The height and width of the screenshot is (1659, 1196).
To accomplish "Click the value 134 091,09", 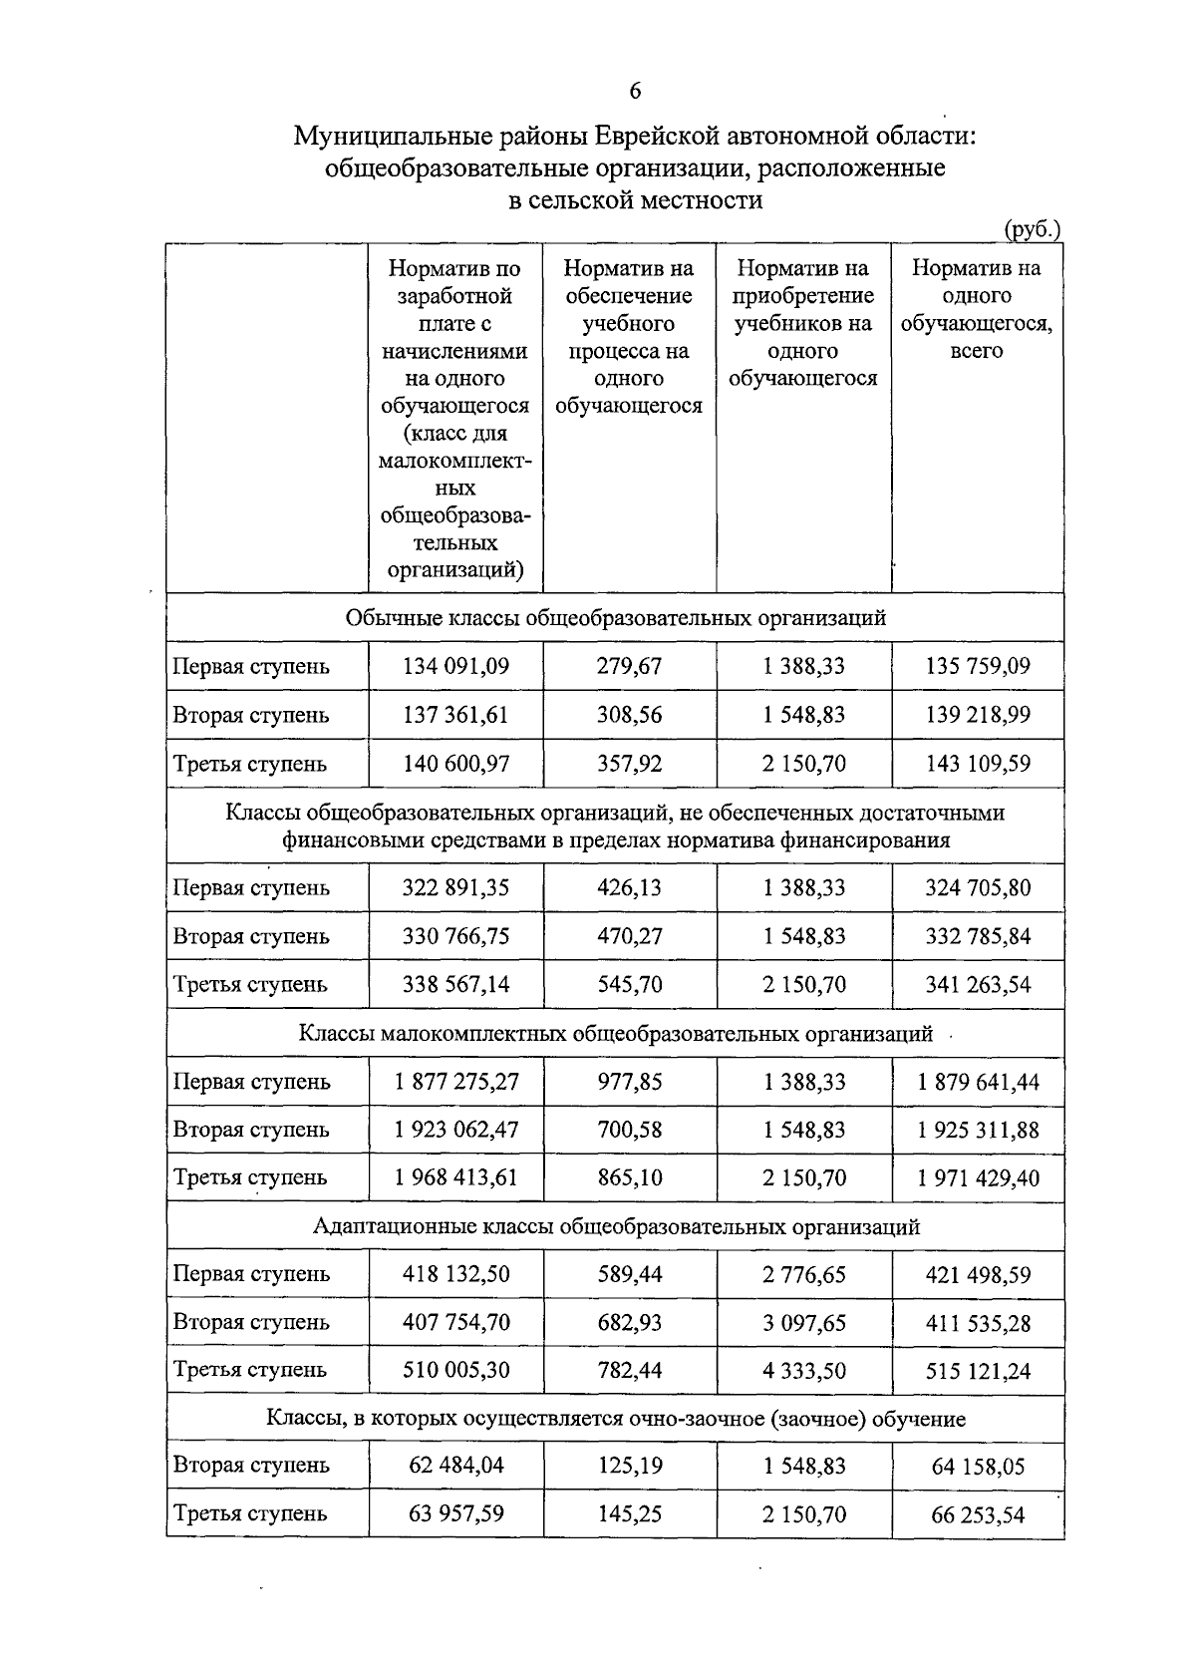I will pyautogui.click(x=455, y=666).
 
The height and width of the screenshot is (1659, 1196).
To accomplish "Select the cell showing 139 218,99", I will pyautogui.click(x=978, y=716).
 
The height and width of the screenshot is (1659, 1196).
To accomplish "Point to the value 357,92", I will pyautogui.click(x=629, y=765).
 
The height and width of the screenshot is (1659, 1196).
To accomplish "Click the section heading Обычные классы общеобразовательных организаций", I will pyautogui.click(x=615, y=618).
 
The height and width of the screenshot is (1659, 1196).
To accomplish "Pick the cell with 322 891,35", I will pyautogui.click(x=455, y=887).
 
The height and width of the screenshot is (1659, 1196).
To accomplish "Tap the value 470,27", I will pyautogui.click(x=629, y=936).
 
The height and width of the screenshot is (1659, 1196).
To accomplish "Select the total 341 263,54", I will pyautogui.click(x=978, y=985).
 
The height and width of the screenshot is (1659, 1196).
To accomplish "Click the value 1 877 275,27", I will pyautogui.click(x=455, y=1082).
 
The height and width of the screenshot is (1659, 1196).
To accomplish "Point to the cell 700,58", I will pyautogui.click(x=629, y=1130).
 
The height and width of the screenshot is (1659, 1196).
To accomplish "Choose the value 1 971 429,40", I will pyautogui.click(x=978, y=1178).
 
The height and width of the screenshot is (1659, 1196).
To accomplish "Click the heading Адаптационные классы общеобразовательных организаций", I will pyautogui.click(x=615, y=1227).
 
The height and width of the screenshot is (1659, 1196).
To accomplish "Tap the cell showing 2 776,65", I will pyautogui.click(x=803, y=1274).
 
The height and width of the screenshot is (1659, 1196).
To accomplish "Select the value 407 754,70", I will pyautogui.click(x=455, y=1323).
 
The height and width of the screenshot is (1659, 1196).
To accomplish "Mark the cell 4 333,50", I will pyautogui.click(x=803, y=1371).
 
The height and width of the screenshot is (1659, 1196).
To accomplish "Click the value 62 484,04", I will pyautogui.click(x=455, y=1466).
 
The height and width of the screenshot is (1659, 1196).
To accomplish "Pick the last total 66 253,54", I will pyautogui.click(x=978, y=1515).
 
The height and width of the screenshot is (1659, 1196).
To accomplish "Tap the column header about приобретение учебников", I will pyautogui.click(x=803, y=323).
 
